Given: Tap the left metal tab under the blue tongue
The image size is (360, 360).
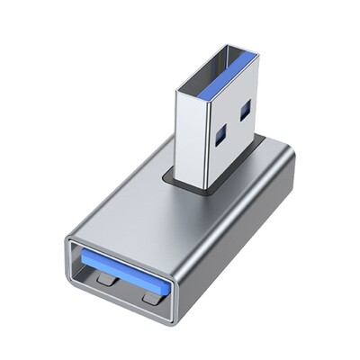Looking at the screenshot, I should point(106,281).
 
